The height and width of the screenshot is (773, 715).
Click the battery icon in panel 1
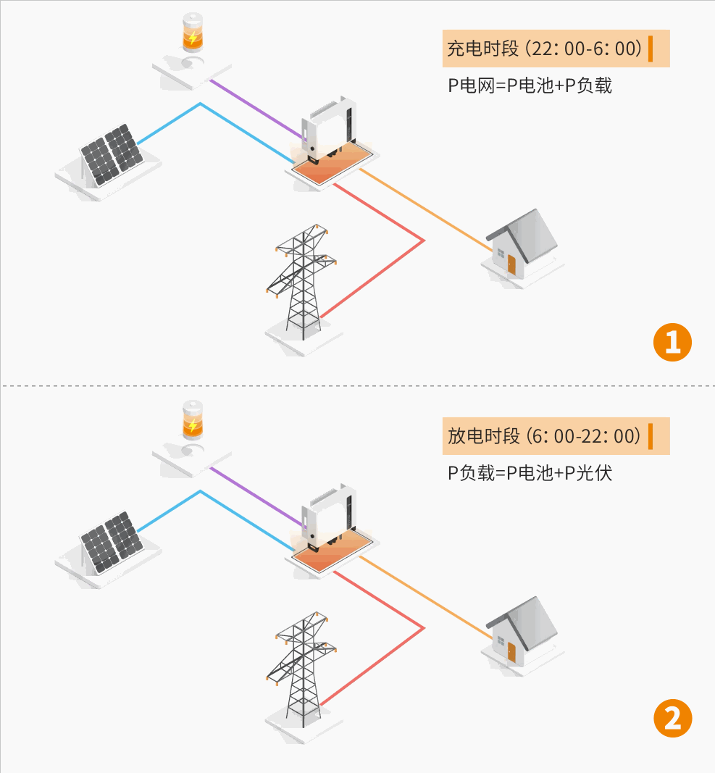[192, 36]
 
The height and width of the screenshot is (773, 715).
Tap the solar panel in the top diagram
[111, 154]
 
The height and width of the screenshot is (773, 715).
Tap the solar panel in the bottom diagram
[111, 541]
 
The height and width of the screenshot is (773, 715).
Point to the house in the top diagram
[522, 243]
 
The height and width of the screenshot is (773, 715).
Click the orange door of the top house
[511, 264]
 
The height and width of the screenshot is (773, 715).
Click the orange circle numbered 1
[673, 342]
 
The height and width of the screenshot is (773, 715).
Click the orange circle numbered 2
[673, 719]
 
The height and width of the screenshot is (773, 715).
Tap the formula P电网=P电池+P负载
[530, 86]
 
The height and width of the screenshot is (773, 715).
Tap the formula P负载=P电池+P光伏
[530, 474]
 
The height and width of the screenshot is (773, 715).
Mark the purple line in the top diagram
[254, 107]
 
